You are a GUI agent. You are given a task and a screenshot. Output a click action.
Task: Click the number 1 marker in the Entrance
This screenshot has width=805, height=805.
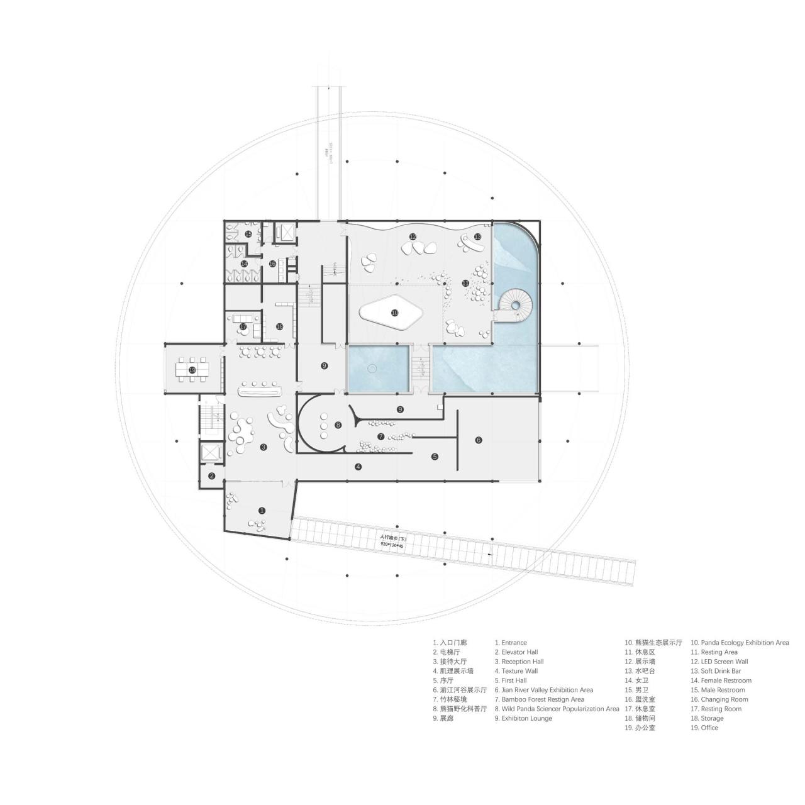coord(262,511)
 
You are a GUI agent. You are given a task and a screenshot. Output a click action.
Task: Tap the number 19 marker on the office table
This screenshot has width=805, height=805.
coord(192,370)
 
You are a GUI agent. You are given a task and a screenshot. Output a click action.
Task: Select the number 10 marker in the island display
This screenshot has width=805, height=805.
coord(394,312)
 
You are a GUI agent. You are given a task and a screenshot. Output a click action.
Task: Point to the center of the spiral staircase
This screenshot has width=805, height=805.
coord(516,305)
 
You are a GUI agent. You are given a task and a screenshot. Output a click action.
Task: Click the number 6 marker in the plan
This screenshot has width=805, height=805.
coord(478,440)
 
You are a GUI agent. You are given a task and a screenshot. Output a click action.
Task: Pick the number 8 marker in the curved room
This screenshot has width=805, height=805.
coord(338,425)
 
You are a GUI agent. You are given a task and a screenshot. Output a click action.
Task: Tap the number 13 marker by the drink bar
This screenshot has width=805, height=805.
coord(477,236)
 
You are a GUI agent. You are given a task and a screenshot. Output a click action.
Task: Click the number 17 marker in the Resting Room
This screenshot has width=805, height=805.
coord(243,326)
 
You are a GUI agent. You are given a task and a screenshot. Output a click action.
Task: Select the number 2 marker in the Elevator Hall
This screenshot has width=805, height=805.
coord(212,475)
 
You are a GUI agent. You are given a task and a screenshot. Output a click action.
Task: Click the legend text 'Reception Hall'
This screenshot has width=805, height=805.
coord(522,662)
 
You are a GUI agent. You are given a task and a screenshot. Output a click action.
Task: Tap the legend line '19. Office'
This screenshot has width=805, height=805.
coord(704,728)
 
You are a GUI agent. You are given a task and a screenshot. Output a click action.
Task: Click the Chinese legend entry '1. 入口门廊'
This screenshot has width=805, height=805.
coord(450,643)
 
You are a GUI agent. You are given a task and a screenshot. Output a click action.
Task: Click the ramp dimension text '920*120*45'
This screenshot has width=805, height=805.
coord(391,547)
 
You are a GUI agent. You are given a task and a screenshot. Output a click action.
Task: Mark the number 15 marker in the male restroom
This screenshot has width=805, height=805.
coord(248,234)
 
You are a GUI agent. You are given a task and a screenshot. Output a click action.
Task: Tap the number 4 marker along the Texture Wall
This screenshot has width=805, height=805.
coord(358,467)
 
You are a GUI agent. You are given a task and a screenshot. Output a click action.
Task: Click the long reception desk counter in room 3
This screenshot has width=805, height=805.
coord(259,391)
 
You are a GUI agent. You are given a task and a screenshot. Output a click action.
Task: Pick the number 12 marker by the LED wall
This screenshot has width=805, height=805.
coord(413,237)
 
